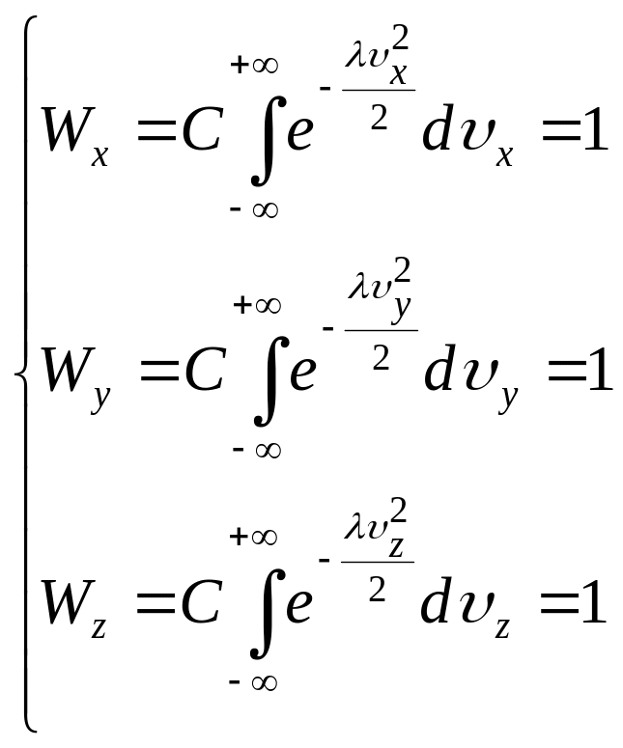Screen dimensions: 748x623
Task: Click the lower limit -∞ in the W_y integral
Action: click(257, 449)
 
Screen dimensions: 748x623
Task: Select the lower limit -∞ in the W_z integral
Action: click(255, 682)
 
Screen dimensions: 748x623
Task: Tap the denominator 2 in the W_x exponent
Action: click(380, 123)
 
